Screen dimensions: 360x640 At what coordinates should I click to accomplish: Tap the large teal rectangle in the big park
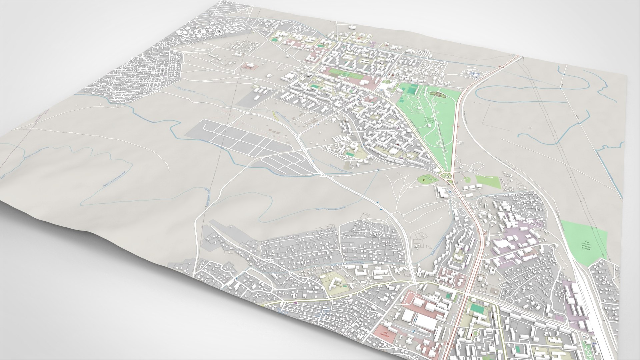click(413, 90)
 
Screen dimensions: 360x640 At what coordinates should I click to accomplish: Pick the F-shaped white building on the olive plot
click(335, 284)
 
